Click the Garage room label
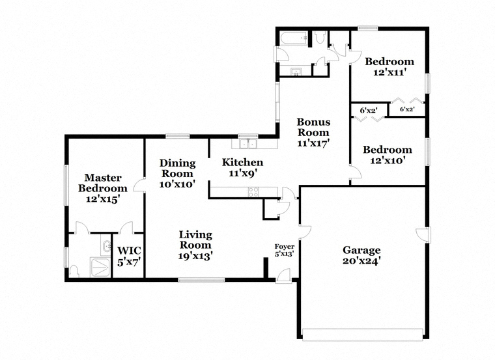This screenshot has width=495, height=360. [361, 256]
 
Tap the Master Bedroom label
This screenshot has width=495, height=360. [103, 188]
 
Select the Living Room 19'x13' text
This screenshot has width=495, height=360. [195, 245]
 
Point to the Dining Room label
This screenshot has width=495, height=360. [177, 174]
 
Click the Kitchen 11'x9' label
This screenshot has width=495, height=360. [242, 167]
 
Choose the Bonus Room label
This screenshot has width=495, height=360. [313, 132]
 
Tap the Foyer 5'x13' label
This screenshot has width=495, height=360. [285, 250]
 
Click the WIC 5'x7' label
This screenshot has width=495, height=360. [129, 256]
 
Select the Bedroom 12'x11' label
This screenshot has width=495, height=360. [389, 66]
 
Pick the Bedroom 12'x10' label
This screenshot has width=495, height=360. [388, 155]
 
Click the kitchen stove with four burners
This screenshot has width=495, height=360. [253, 192]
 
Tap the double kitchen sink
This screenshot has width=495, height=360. [248, 144]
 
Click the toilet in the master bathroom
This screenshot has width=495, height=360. [74, 271]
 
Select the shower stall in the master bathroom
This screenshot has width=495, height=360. [100, 268]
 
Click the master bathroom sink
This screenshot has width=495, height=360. [107, 246]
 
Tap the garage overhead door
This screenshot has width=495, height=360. [362, 334]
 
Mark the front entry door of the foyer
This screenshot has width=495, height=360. [283, 276]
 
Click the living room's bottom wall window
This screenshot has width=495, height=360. [201, 280]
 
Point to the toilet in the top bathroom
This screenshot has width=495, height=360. [320, 37]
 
